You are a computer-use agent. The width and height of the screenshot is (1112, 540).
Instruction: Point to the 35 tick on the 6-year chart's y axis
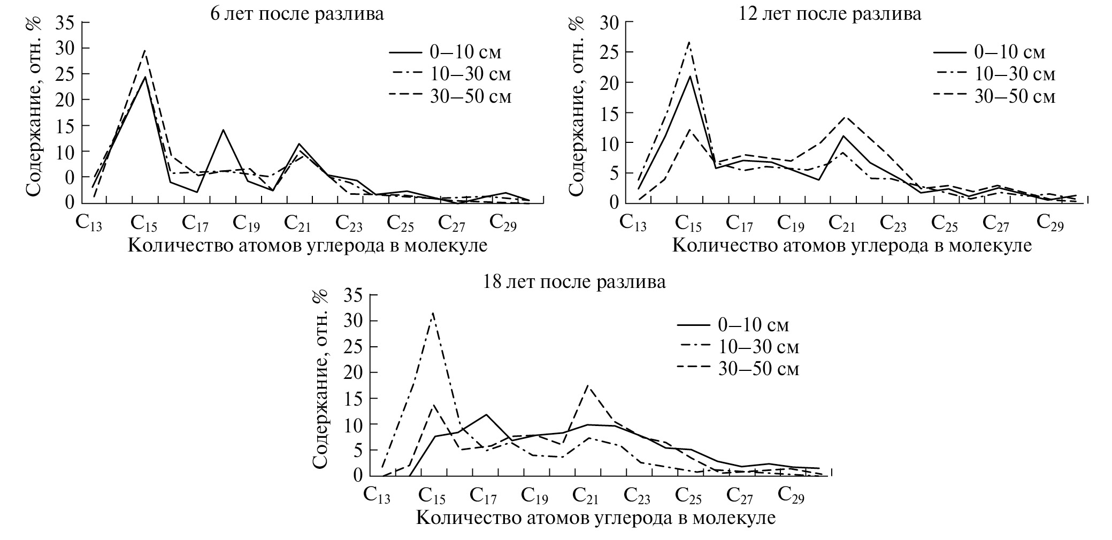pos(66,23)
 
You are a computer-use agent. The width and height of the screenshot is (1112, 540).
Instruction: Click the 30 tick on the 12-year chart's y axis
pos(611,22)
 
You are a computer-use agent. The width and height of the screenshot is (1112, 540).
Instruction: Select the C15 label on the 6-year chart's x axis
pos(144,223)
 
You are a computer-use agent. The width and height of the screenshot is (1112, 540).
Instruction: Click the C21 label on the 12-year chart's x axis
pos(843,223)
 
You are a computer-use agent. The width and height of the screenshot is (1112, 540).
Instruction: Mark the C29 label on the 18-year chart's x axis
pos(791,496)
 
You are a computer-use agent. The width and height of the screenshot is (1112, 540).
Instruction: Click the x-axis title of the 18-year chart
pos(595,518)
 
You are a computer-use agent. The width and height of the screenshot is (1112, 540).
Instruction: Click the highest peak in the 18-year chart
pos(432,313)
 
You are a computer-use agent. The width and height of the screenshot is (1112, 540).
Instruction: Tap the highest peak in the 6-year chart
pos(144,50)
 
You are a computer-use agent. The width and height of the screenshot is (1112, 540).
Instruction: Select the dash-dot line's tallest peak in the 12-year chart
pos(689,42)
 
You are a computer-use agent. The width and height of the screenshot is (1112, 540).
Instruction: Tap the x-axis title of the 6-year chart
pos(308,246)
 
